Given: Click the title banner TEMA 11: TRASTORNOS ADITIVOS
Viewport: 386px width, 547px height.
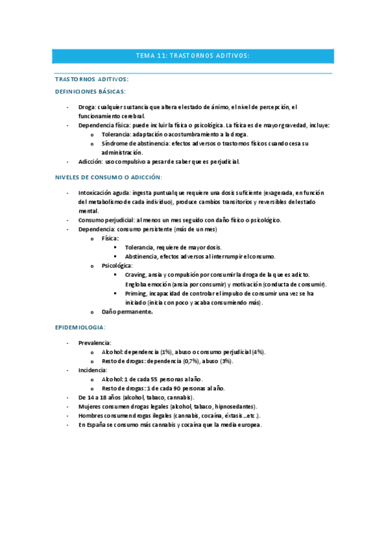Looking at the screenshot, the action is [x=193, y=56].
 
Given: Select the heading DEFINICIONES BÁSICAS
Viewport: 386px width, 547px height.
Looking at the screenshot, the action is [x=90, y=92].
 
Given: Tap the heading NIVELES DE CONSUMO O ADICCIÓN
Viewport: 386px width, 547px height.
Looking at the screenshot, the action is [x=108, y=176].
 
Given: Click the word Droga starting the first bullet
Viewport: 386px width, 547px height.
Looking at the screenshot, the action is [x=86, y=106].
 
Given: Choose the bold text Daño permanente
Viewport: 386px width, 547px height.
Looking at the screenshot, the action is [x=127, y=312].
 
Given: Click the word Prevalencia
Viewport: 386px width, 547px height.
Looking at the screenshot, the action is [x=95, y=343].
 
